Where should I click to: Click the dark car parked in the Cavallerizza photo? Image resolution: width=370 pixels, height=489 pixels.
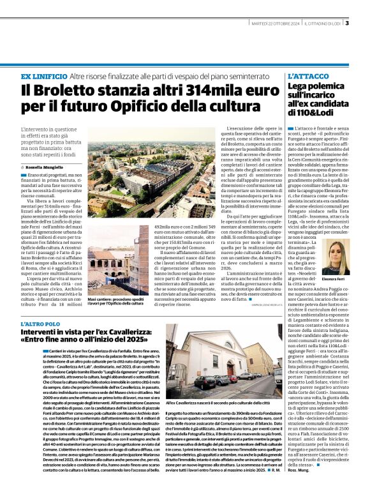pyautogui.click(x=202, y=382)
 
